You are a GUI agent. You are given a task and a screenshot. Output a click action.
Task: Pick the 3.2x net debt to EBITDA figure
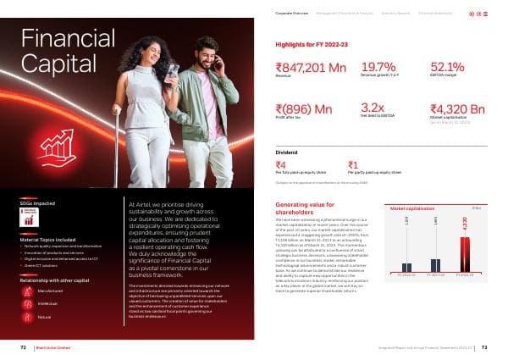tap(373, 108)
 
